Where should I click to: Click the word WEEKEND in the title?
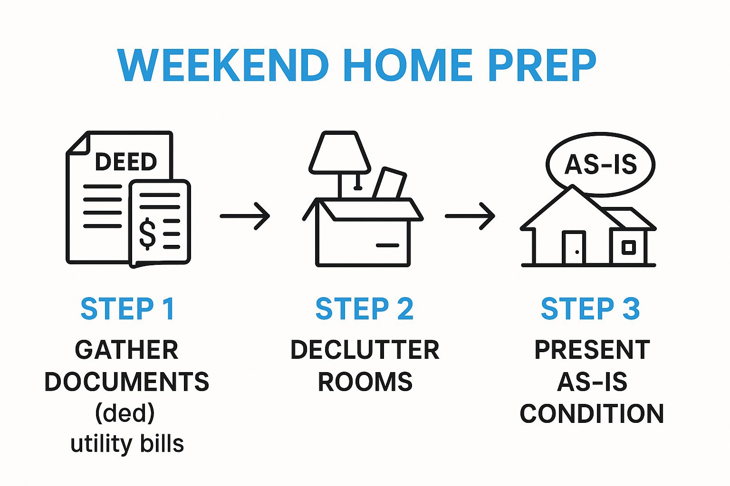tap(223, 65)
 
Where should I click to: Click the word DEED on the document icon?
tap(126, 162)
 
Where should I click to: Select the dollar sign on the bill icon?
tap(147, 234)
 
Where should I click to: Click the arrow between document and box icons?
tap(245, 216)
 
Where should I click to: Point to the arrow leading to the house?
tap(470, 216)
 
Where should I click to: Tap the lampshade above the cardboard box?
tap(340, 152)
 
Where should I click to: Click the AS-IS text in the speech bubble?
tap(601, 165)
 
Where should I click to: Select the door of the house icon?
tap(574, 247)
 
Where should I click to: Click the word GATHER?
tap(127, 350)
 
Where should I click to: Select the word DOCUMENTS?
tap(127, 382)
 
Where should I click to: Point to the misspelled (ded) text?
tap(125, 413)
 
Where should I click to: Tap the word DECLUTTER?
tap(365, 350)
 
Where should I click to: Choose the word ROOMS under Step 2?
tap(365, 382)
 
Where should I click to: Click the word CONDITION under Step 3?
tap(592, 413)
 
